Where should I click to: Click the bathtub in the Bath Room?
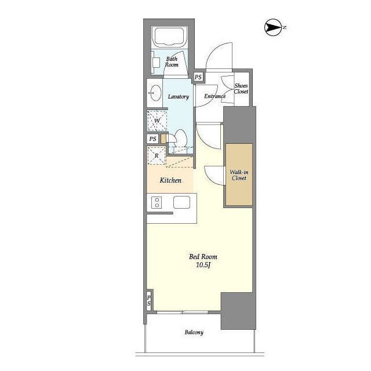(x=169, y=37)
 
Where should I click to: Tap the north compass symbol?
(x=273, y=27)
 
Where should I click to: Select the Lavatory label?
(x=179, y=97)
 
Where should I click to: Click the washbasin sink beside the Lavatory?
(x=156, y=93)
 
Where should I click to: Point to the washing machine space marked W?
(x=157, y=121)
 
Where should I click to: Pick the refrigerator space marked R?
(x=157, y=156)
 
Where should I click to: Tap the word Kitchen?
(x=170, y=180)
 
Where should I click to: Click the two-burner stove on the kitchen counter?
(x=157, y=202)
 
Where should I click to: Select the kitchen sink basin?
(x=181, y=202)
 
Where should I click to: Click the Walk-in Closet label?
(x=239, y=175)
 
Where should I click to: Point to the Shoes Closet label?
(x=241, y=89)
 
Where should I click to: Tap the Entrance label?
(x=215, y=96)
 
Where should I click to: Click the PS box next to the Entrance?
(x=198, y=77)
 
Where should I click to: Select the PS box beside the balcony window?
(x=148, y=300)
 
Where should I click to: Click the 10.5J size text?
(x=203, y=265)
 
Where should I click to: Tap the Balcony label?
(x=194, y=332)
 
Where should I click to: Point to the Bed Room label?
(x=203, y=256)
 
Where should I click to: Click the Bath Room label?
(x=172, y=62)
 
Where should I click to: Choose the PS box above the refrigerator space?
(x=153, y=139)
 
